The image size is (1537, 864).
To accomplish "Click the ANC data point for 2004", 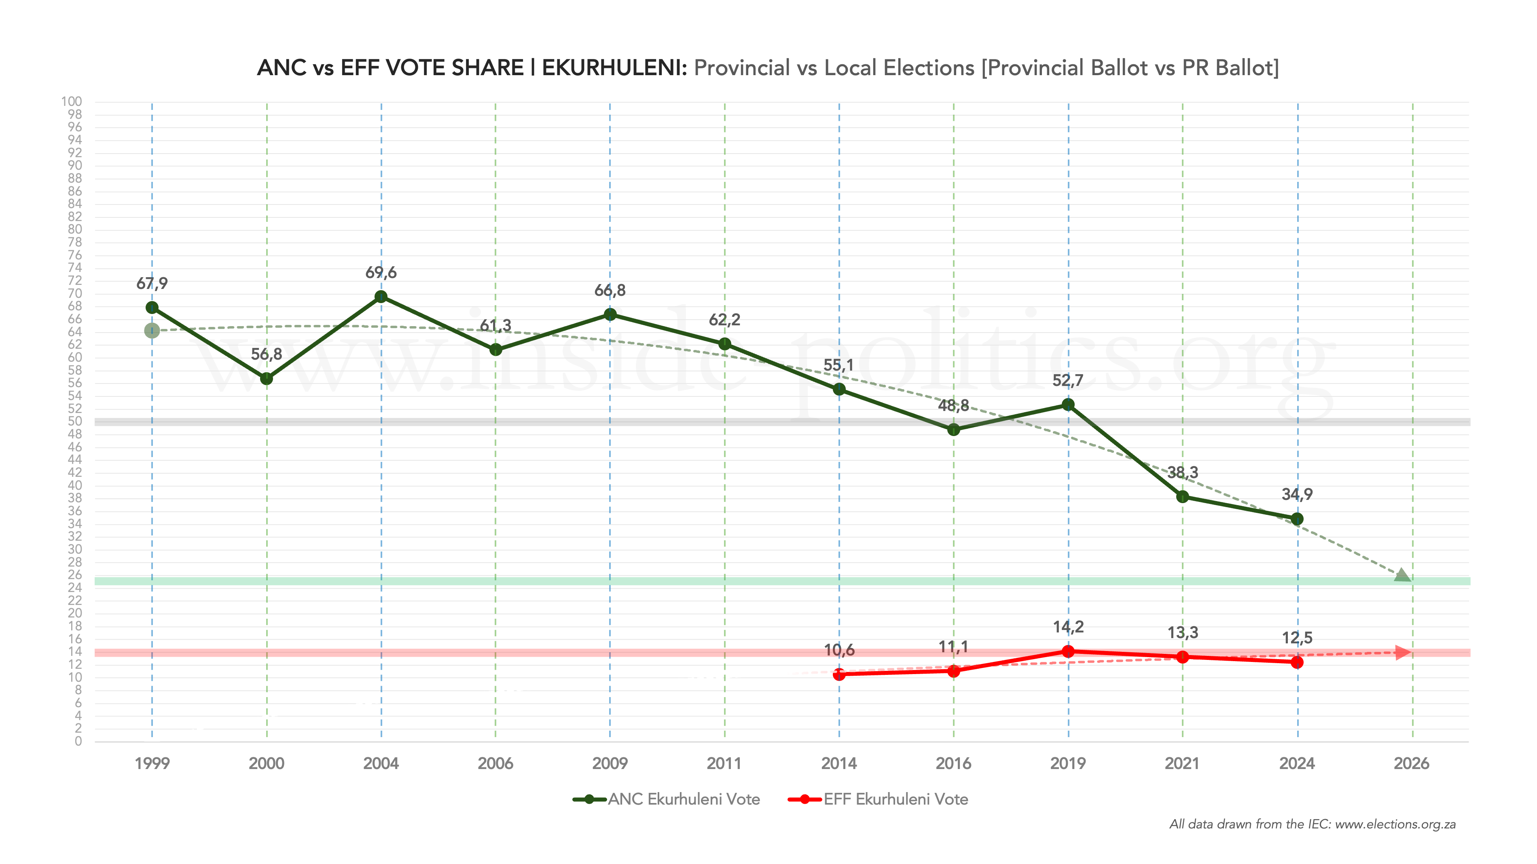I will pos(381,297).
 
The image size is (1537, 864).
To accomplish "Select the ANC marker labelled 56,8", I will pos(267,379).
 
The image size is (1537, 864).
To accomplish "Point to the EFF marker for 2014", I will pos(839,674).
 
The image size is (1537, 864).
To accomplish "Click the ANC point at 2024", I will pos(1297,519).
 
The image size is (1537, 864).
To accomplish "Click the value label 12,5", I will pos(1297,638).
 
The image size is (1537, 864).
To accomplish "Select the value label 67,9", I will pos(152,283).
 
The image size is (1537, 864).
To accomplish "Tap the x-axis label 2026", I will pos(1411,763).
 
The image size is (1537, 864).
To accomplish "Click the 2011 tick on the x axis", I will pos(724,763).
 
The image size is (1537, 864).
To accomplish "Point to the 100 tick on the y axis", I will pos(72,102).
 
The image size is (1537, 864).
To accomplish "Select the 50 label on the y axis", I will pos(74,421).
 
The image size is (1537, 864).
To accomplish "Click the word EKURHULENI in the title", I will pos(614,68).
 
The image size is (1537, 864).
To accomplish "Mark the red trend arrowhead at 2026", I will pos(1404,652).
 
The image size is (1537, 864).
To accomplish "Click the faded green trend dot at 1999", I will pos(152,330).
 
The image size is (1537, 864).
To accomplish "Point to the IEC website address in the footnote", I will pos(1395,825).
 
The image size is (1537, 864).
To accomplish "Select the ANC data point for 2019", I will pos(1068,405).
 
